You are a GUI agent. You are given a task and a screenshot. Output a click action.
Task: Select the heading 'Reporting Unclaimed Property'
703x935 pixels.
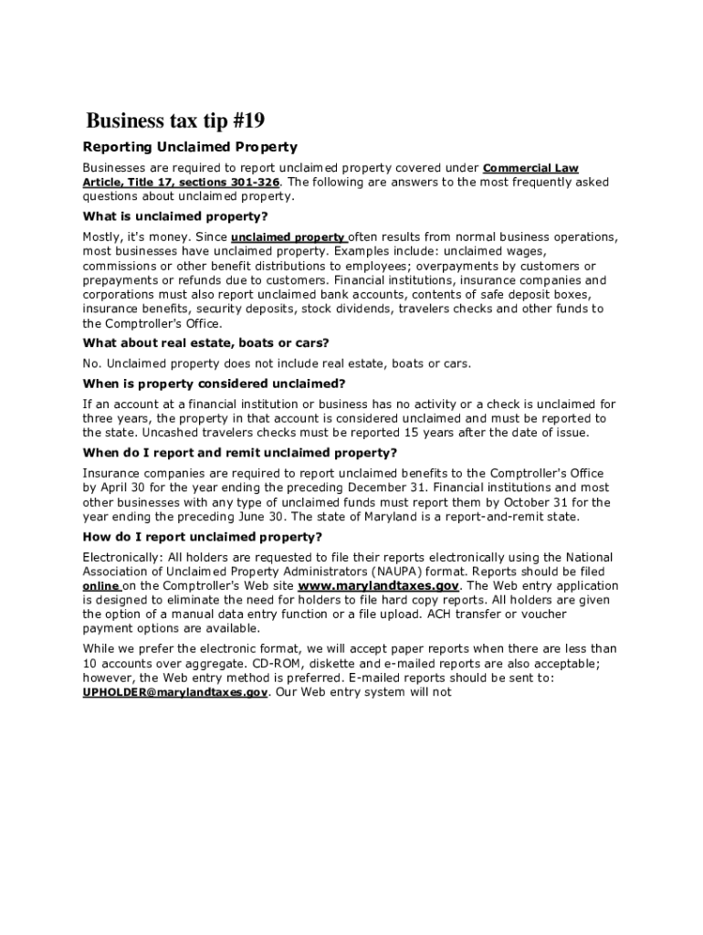[190, 147]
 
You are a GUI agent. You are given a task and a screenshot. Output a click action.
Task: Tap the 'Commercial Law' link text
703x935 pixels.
[530, 168]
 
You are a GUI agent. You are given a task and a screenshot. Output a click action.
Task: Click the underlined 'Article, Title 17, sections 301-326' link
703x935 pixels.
[182, 182]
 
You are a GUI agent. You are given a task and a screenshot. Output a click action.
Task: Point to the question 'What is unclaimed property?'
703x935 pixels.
[175, 216]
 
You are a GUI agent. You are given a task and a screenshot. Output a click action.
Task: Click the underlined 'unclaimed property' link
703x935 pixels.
[288, 237]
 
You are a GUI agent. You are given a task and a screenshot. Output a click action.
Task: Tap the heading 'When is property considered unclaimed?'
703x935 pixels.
[215, 383]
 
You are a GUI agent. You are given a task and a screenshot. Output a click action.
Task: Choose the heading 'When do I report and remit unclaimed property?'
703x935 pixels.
[240, 453]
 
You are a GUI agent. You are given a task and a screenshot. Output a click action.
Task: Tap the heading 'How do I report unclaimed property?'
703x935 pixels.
[202, 537]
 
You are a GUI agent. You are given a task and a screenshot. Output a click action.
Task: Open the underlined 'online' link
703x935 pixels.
[101, 586]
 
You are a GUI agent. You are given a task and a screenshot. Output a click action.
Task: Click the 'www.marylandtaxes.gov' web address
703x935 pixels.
[378, 586]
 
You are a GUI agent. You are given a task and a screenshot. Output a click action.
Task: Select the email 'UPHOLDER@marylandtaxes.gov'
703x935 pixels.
[175, 693]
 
